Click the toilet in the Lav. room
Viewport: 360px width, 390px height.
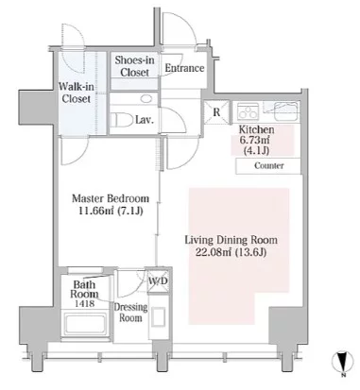click(x=122, y=120)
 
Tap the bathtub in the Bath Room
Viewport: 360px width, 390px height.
click(x=85, y=324)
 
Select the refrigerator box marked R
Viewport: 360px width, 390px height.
click(x=216, y=112)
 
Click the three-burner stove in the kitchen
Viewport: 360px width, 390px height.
click(x=248, y=111)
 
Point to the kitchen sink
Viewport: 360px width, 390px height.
click(x=286, y=111)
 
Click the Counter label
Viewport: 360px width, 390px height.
click(x=269, y=165)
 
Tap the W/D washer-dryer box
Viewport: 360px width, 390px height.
click(x=158, y=280)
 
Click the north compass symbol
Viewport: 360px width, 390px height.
click(x=342, y=362)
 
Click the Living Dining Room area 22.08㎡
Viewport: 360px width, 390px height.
click(x=214, y=252)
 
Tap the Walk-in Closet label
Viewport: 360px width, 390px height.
click(x=77, y=93)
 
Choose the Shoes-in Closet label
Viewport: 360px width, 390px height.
click(x=134, y=66)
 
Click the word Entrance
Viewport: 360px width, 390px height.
click(x=184, y=68)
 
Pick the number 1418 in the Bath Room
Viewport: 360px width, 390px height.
click(x=84, y=303)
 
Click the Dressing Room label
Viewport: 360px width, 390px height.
click(x=130, y=312)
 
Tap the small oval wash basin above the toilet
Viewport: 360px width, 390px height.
click(x=146, y=99)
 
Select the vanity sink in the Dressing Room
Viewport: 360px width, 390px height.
click(x=158, y=317)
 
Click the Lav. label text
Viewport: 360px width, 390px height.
click(x=145, y=120)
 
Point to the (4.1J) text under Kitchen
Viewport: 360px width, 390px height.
click(x=256, y=150)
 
